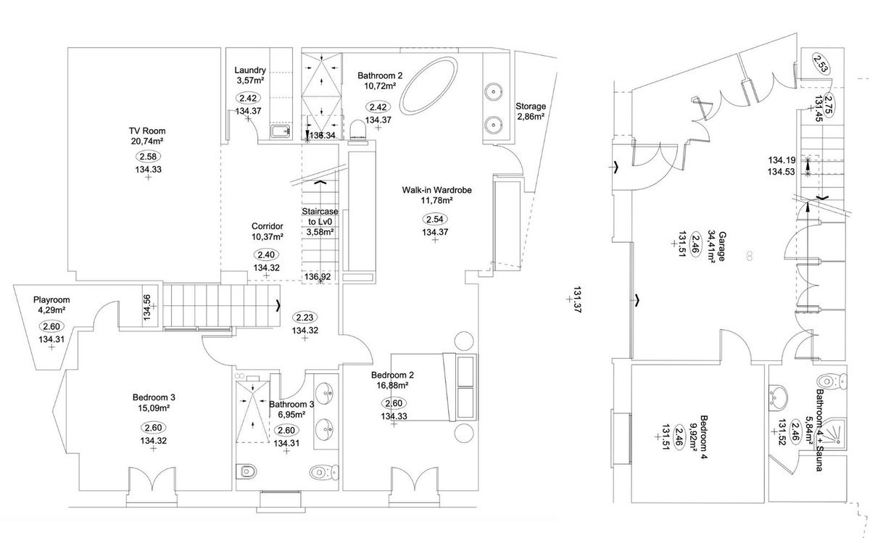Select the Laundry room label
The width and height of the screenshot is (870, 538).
point(250,70)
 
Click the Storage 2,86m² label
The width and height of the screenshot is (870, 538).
point(531,107)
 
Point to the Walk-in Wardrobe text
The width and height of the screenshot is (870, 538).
point(437,190)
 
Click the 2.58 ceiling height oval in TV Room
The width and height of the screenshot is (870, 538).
point(147,156)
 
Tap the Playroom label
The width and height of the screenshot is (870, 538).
point(51,299)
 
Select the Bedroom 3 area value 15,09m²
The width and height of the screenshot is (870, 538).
point(154,410)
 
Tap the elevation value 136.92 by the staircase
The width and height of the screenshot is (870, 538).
point(318,277)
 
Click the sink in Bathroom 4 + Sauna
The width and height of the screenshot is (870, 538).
point(780,395)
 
